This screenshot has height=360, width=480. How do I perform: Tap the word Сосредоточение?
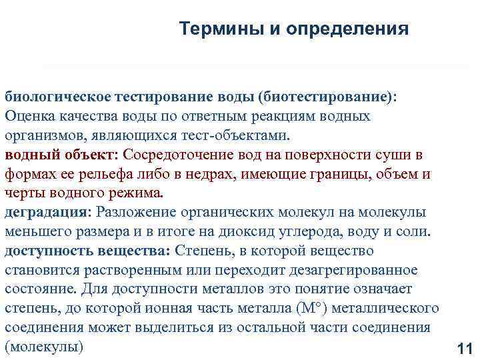pyautogui.click(x=178, y=155)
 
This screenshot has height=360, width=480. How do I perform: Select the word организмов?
pyautogui.click(x=41, y=136)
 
